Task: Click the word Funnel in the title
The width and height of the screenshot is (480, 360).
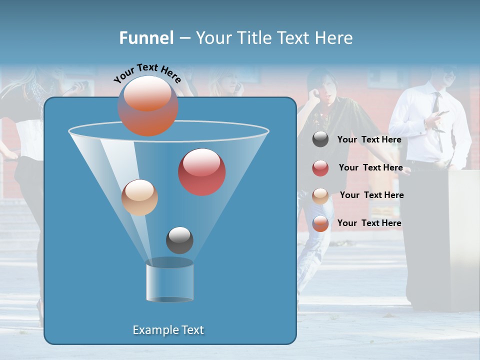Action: [x=146, y=38]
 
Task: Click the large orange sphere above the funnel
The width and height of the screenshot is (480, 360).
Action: [x=148, y=105]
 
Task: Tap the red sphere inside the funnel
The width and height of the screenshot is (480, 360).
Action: [x=202, y=172]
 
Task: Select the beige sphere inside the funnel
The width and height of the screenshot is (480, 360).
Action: [x=139, y=197]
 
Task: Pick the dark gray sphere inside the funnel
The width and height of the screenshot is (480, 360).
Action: [x=179, y=240]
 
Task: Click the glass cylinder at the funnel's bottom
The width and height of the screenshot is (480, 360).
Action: [x=169, y=281]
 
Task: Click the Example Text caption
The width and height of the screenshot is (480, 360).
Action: [x=168, y=330]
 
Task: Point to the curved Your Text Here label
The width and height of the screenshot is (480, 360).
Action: [x=147, y=73]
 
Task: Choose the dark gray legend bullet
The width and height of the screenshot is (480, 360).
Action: [x=320, y=139]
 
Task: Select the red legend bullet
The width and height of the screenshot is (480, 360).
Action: [x=320, y=168]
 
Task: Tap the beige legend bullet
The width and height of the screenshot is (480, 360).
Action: [x=320, y=195]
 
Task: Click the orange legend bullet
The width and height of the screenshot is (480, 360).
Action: [x=320, y=223]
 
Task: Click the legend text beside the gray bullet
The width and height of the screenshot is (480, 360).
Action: [x=369, y=139]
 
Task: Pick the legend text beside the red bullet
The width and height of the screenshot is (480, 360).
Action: [x=370, y=167]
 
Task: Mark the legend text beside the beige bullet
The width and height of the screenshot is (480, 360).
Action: [x=371, y=195]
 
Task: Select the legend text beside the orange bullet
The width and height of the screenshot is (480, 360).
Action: [x=369, y=223]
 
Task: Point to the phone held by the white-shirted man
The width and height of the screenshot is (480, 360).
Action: [x=440, y=114]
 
